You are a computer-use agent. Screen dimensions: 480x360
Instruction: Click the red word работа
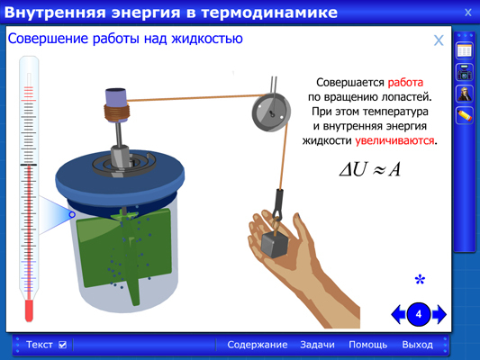point(405,83)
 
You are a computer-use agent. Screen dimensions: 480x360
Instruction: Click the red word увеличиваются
point(394,140)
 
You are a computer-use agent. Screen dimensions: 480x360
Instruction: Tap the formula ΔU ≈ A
point(370,169)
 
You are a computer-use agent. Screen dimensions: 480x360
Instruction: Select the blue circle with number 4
point(419,314)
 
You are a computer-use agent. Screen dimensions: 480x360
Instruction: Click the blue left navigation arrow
point(399,314)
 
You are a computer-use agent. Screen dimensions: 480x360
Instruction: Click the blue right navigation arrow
point(439,314)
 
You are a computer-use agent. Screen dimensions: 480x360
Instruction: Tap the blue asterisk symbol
point(420,280)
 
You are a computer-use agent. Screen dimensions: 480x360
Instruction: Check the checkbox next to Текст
point(62,345)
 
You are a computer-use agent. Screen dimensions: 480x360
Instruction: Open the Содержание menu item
point(258,345)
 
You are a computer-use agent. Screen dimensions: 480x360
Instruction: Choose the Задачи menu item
point(317,345)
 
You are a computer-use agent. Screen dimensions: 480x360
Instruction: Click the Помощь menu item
point(368,345)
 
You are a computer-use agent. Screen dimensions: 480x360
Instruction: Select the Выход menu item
point(418,345)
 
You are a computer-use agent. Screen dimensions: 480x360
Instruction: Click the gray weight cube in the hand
point(275,244)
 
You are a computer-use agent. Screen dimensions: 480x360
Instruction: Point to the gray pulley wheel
point(271,112)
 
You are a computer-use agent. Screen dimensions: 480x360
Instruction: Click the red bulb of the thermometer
point(29,310)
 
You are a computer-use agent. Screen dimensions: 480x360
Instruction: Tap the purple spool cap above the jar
point(115,95)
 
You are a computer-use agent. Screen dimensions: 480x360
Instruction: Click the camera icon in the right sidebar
point(464,73)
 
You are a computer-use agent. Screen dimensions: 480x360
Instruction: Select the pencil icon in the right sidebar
point(464,115)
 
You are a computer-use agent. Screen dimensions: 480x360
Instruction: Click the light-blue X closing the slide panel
point(439,40)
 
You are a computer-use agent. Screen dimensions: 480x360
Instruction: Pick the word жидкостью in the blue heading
point(207,39)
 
